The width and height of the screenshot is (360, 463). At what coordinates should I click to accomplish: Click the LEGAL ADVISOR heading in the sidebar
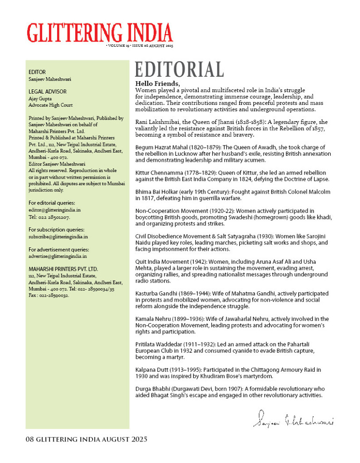[x=48, y=92]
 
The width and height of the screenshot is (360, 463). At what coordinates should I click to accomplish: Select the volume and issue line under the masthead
[x=139, y=46]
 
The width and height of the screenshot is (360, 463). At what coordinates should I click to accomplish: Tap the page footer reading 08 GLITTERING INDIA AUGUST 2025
[x=86, y=439]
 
